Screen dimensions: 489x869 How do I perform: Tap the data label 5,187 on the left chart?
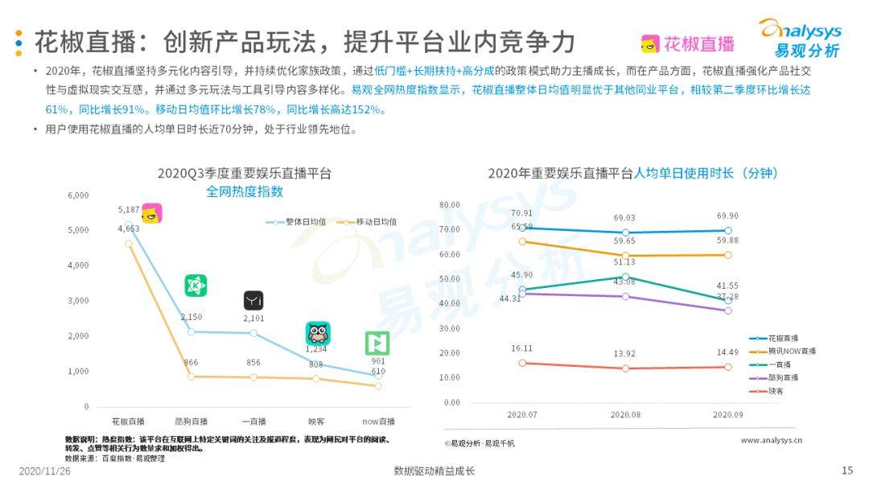pyautogui.click(x=129, y=210)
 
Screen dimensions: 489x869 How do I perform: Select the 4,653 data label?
pyautogui.click(x=129, y=228)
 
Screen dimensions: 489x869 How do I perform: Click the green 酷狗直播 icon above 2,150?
pyautogui.click(x=196, y=286)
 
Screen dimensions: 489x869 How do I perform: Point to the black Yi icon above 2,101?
pyautogui.click(x=253, y=301)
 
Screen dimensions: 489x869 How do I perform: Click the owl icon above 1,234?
pyautogui.click(x=318, y=333)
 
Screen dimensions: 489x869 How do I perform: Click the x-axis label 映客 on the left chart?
pyautogui.click(x=317, y=421)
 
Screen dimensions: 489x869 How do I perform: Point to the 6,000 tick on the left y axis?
pyautogui.click(x=78, y=195)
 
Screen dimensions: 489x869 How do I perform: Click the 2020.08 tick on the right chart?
pyautogui.click(x=624, y=415)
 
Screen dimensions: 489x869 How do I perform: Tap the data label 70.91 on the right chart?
pyautogui.click(x=521, y=213)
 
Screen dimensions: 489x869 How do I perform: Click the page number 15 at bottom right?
pyautogui.click(x=846, y=471)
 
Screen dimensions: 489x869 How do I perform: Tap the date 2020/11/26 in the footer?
pyautogui.click(x=45, y=471)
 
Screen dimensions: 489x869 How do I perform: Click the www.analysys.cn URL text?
pyautogui.click(x=771, y=440)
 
